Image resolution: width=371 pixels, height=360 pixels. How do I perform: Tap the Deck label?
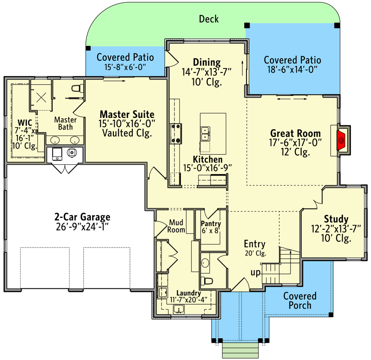[209, 18]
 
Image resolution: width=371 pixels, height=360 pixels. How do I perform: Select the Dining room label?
[206, 63]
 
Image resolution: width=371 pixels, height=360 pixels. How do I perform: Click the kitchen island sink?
[205, 134]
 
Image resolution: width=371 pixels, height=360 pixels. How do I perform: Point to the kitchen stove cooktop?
[175, 134]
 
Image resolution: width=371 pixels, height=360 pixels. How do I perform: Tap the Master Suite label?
[127, 114]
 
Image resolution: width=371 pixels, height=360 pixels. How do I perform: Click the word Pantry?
[210, 224]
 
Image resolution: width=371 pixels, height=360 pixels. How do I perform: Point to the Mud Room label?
[177, 226]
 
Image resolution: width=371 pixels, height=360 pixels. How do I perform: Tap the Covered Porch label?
[299, 301]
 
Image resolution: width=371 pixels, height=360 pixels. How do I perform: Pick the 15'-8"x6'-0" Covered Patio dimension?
[125, 67]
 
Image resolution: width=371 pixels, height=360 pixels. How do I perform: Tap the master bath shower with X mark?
[41, 95]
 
